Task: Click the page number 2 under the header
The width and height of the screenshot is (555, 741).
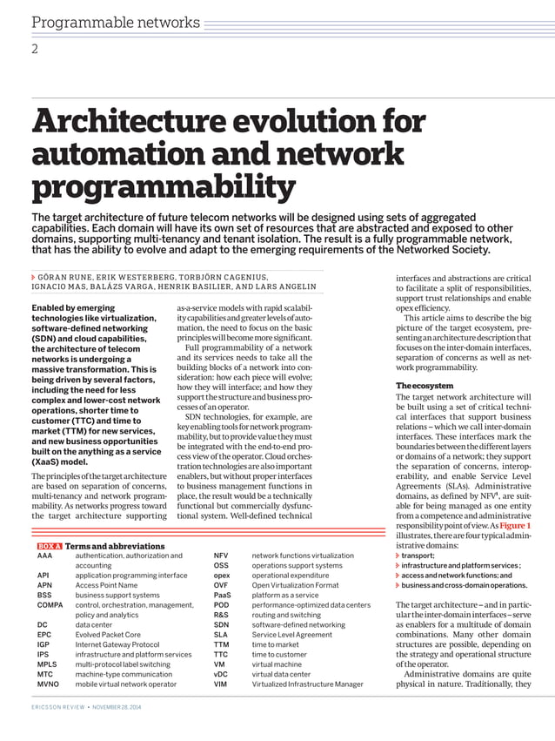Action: (x=35, y=49)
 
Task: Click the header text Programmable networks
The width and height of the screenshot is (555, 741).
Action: (x=116, y=23)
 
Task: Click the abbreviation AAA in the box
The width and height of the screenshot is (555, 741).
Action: (x=44, y=555)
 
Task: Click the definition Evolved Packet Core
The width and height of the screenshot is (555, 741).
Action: (x=108, y=635)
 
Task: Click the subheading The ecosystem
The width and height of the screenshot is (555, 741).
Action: (x=425, y=386)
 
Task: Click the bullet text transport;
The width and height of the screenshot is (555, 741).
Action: (x=418, y=555)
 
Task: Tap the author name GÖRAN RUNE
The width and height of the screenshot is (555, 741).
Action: (x=70, y=275)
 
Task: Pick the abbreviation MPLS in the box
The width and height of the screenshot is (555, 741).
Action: (x=47, y=664)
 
